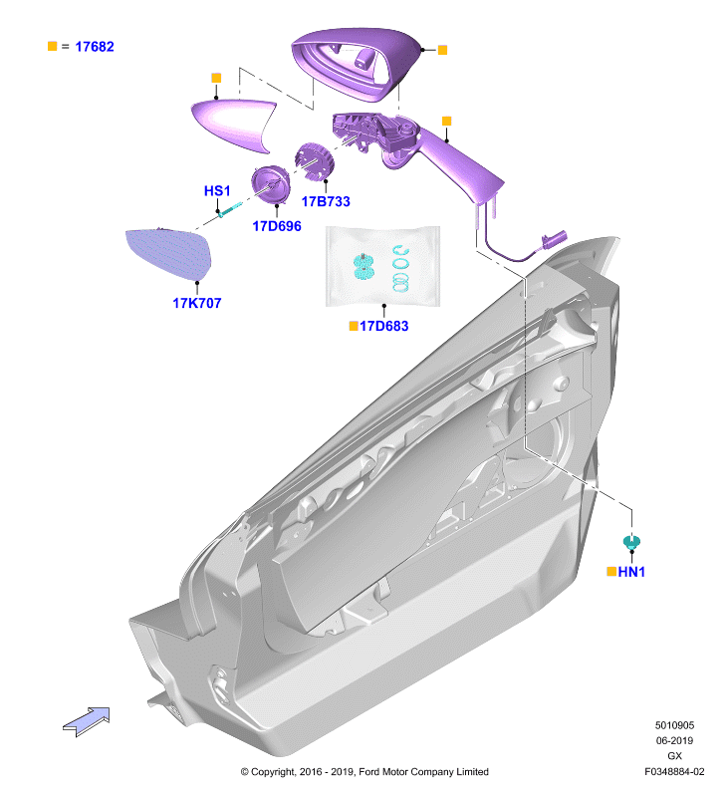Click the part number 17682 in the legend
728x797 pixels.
pyautogui.click(x=95, y=47)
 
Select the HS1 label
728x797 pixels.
pyautogui.click(x=217, y=191)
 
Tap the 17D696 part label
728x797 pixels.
pyautogui.click(x=277, y=226)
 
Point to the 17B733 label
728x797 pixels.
pyautogui.click(x=326, y=202)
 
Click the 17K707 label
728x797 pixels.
pyautogui.click(x=197, y=304)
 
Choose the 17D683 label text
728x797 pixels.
pyautogui.click(x=384, y=327)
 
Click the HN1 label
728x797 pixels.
pyautogui.click(x=631, y=572)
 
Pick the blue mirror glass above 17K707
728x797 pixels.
pyautogui.click(x=170, y=254)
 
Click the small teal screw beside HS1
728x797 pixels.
pyautogui.click(x=230, y=208)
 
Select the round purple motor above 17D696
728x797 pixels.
pyautogui.click(x=270, y=184)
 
